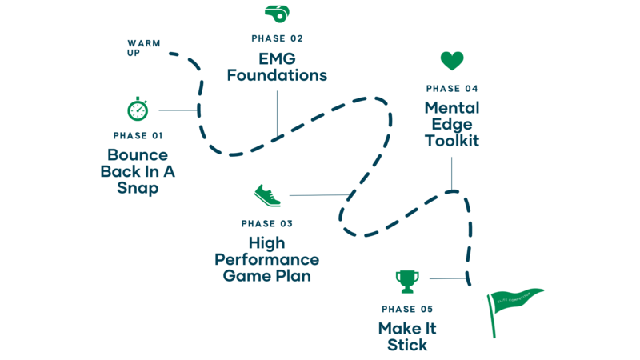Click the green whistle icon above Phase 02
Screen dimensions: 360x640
pyautogui.click(x=276, y=14)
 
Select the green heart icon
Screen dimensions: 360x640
pyautogui.click(x=452, y=61)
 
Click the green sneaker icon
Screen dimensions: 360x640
pyautogui.click(x=266, y=194)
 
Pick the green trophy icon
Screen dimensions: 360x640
pyautogui.click(x=407, y=281)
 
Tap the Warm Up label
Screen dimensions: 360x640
pyautogui.click(x=143, y=47)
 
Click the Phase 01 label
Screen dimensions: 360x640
pyautogui.click(x=138, y=136)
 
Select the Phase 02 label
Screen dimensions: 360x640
pyautogui.click(x=277, y=38)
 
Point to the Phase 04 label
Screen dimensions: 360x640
pyautogui.click(x=452, y=88)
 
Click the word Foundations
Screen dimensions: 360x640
pyautogui.click(x=277, y=77)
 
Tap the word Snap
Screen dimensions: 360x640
pyautogui.click(x=138, y=190)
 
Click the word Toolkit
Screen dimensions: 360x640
pyautogui.click(x=453, y=141)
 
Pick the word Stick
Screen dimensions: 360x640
pyautogui.click(x=407, y=346)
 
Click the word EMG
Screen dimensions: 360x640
pyautogui.click(x=276, y=58)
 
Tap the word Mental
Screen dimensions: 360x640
pyautogui.click(x=452, y=107)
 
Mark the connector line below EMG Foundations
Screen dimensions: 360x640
pyautogui.click(x=277, y=112)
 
